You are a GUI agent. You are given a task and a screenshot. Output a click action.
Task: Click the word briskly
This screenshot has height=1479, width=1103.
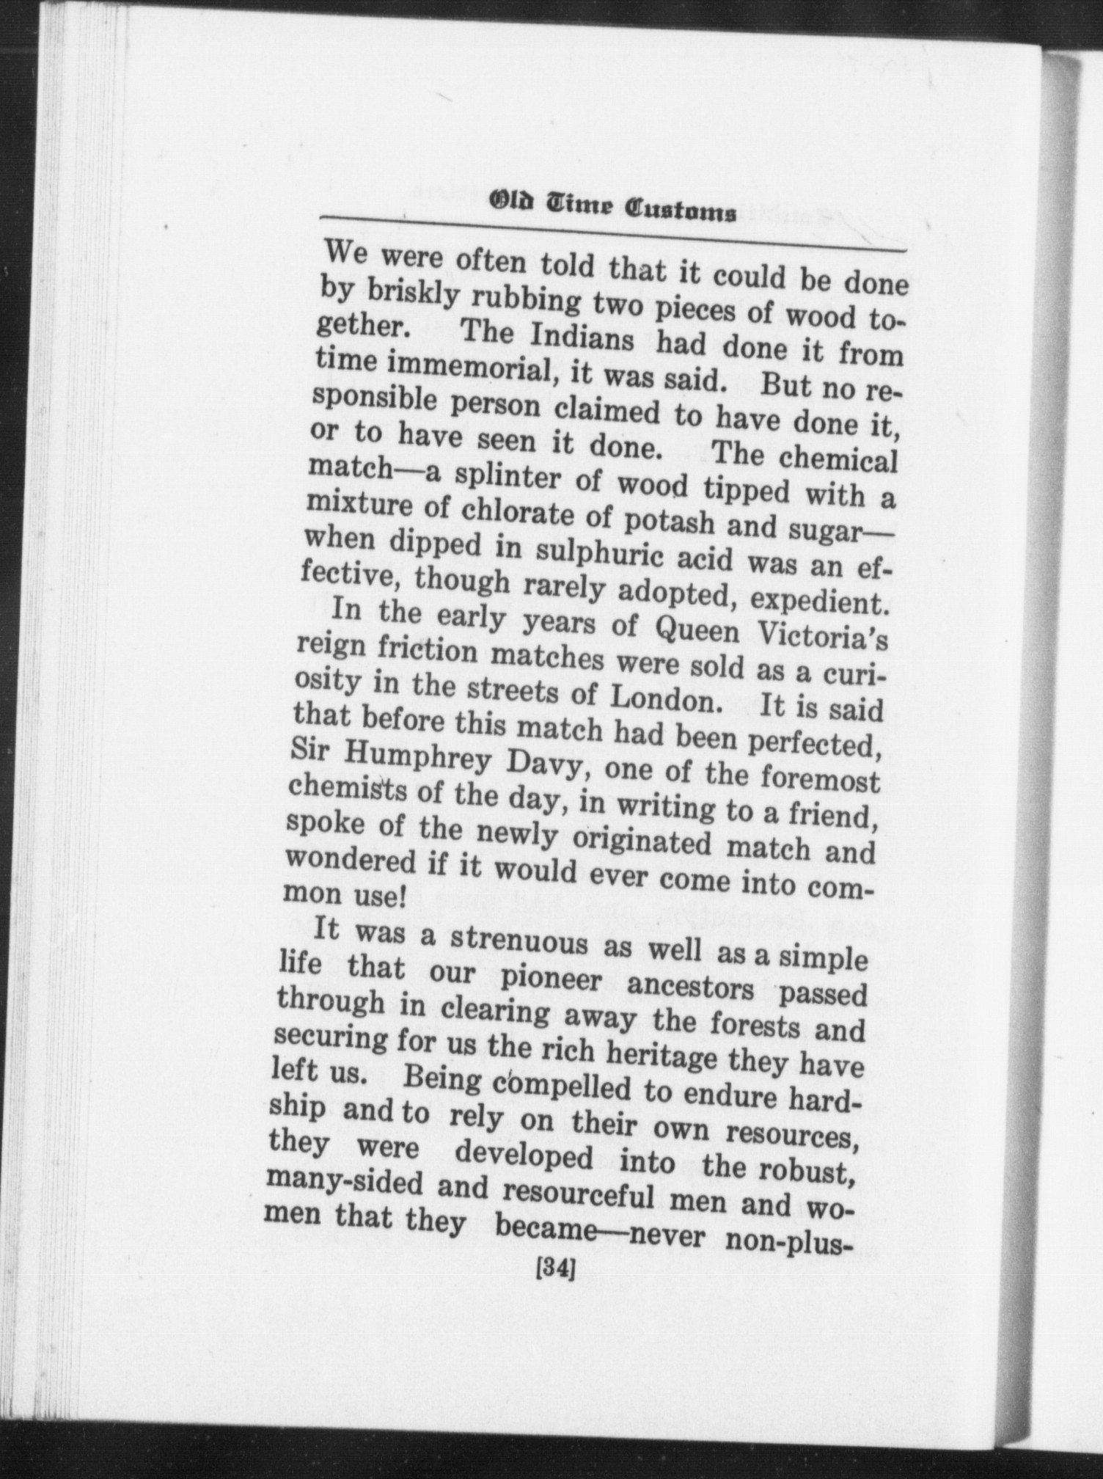(414, 296)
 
